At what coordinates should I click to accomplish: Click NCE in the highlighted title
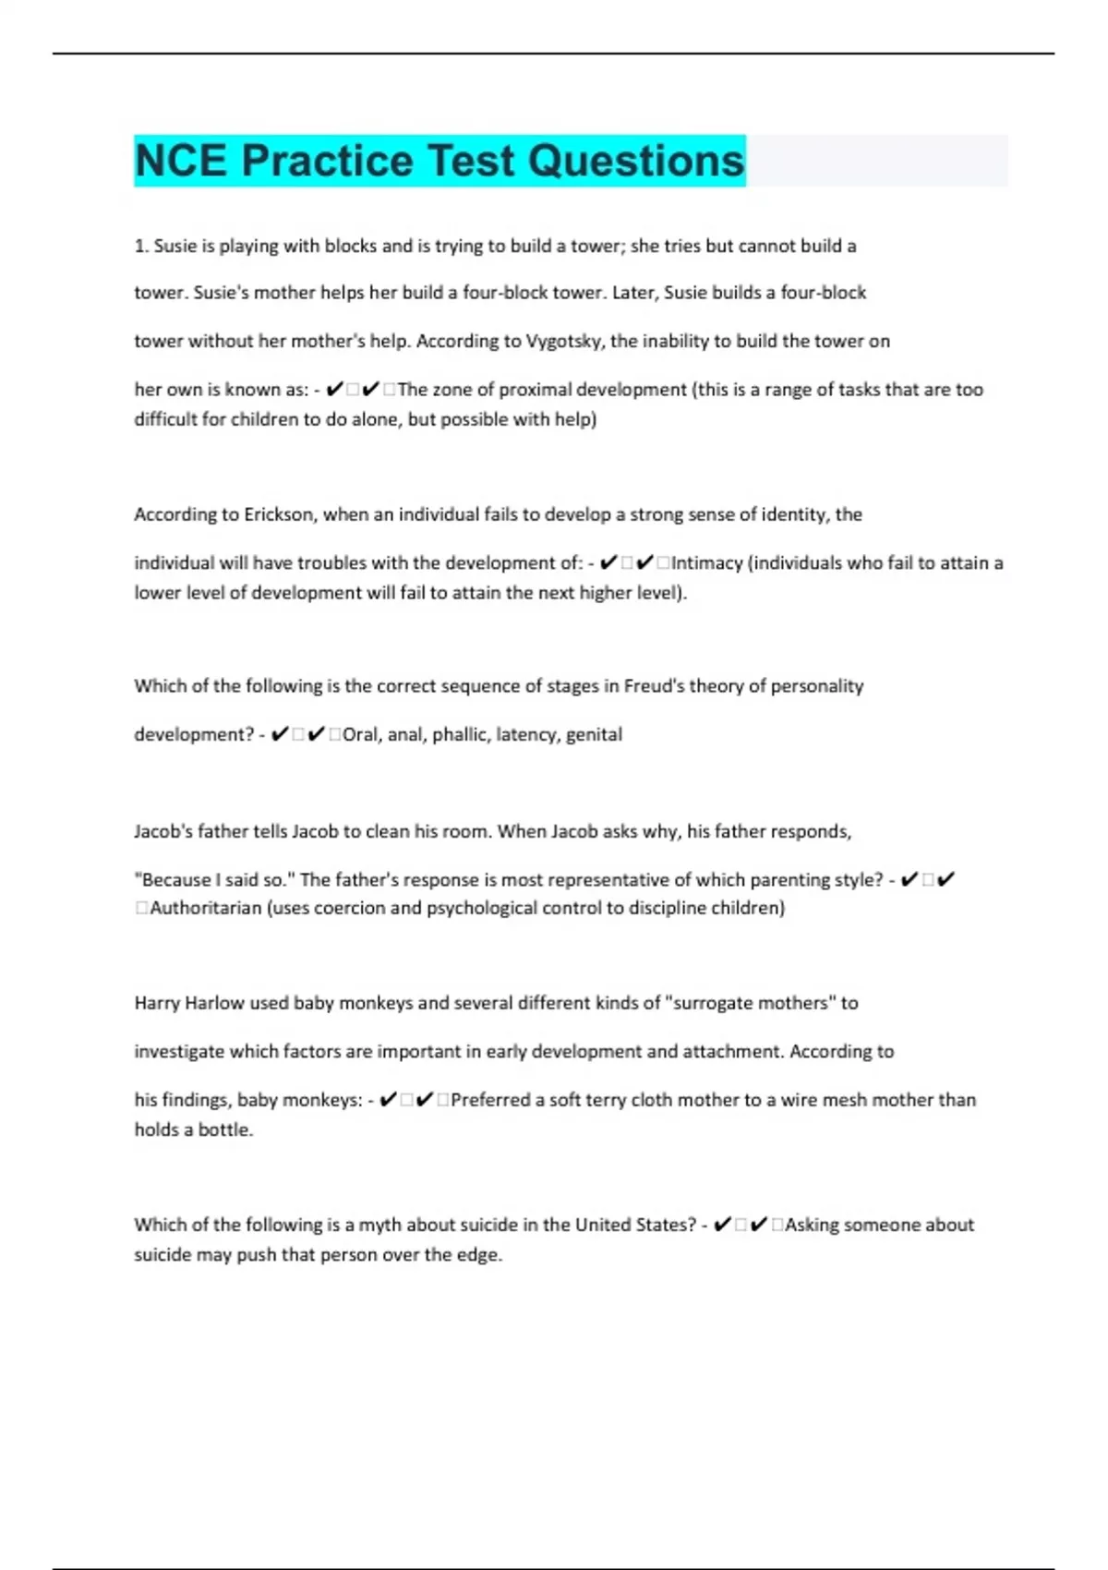(x=181, y=161)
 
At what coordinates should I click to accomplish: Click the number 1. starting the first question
(x=141, y=246)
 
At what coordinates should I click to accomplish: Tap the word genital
(x=594, y=734)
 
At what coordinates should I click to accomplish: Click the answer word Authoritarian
(x=206, y=908)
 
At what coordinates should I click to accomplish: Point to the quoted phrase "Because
(x=175, y=879)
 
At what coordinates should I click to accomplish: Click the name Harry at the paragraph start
(x=157, y=1003)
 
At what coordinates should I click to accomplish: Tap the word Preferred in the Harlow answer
(x=492, y=1100)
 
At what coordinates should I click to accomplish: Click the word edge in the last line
(x=479, y=1255)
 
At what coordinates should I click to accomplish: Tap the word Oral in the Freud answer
(x=360, y=734)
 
